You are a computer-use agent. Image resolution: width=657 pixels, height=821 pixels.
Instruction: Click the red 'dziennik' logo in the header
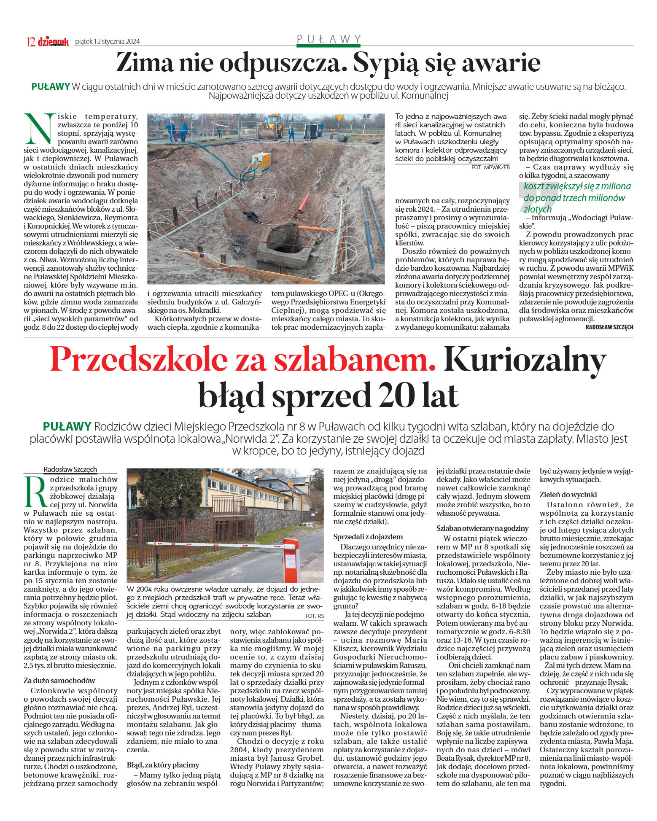click(x=53, y=41)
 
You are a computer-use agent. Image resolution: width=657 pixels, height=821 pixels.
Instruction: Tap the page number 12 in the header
click(x=30, y=41)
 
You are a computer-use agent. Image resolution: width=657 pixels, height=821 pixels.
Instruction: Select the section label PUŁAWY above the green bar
click(x=328, y=39)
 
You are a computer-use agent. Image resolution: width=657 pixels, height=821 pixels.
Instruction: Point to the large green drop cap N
click(x=39, y=128)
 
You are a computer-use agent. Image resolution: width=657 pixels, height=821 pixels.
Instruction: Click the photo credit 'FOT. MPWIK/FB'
click(x=490, y=167)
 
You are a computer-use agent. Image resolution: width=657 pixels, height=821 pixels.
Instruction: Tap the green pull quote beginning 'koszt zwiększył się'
click(x=576, y=197)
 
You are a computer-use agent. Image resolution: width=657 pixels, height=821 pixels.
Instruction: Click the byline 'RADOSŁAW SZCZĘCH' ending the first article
click(x=609, y=327)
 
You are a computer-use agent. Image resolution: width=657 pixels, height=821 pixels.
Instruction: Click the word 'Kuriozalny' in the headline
click(x=525, y=359)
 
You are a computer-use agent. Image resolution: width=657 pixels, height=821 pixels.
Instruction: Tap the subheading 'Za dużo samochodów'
click(x=59, y=680)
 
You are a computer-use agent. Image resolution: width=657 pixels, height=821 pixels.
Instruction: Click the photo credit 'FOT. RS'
click(x=315, y=616)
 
